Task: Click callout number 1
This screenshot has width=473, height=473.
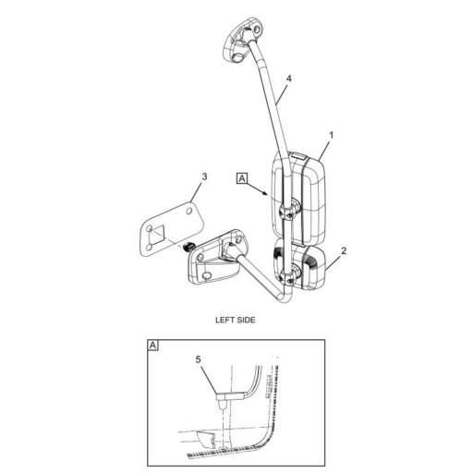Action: pyautogui.click(x=332, y=135)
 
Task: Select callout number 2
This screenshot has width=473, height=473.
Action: pyautogui.click(x=344, y=249)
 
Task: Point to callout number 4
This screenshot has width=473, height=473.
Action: pyautogui.click(x=289, y=80)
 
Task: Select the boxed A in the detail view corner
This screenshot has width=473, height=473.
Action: pyautogui.click(x=153, y=346)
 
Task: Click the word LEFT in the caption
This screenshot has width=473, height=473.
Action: pyautogui.click(x=225, y=320)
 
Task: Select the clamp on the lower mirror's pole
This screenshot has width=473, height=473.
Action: pyautogui.click(x=289, y=273)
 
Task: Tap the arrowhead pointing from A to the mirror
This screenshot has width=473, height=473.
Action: pyautogui.click(x=270, y=195)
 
